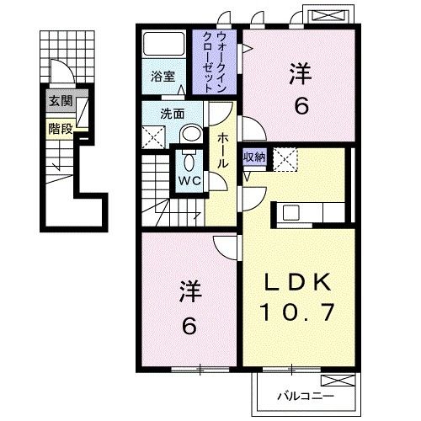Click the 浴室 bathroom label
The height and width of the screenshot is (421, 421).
coord(163,77)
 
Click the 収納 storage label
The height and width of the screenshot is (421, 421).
coord(255,157)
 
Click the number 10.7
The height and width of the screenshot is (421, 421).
coord(302,312)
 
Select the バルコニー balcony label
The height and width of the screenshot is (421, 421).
coord(307,394)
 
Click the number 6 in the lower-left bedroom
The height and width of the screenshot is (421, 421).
coord(189,324)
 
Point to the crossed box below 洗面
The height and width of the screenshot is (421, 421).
coord(152,135)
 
